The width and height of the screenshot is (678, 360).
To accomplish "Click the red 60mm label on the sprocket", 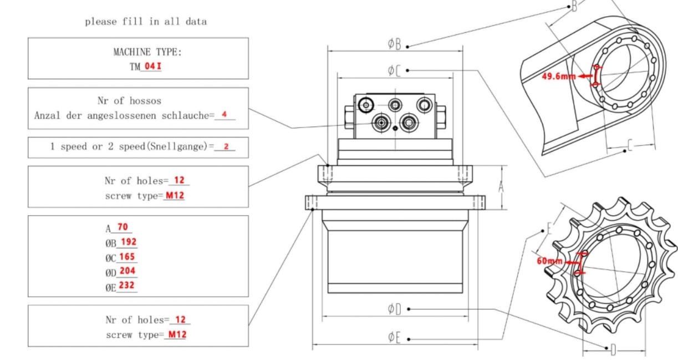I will [549, 261].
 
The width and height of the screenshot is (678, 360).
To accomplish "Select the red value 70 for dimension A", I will [123, 226].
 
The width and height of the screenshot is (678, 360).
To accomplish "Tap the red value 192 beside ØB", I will [128, 242].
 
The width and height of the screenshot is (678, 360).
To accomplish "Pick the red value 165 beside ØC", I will [128, 257].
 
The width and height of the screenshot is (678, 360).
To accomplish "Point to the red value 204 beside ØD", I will [128, 271].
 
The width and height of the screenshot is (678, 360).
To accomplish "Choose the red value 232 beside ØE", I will [128, 286].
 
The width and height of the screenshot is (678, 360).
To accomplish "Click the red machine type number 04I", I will [151, 67].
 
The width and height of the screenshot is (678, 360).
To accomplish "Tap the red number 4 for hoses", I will [224, 114].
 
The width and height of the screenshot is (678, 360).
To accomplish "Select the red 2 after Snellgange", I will [226, 147].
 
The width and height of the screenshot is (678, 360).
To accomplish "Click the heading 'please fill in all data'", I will [146, 22].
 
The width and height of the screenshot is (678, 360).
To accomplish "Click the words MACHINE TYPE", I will [147, 52].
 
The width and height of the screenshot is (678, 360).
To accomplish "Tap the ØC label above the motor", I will [394, 70].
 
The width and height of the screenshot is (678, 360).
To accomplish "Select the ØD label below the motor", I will [394, 309].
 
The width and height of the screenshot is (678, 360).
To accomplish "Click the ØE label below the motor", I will [394, 337].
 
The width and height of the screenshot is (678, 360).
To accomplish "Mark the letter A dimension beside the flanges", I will [501, 187].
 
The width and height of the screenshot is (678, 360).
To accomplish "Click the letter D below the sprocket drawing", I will [613, 349].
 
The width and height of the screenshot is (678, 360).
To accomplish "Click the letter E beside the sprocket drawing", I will [549, 229].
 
